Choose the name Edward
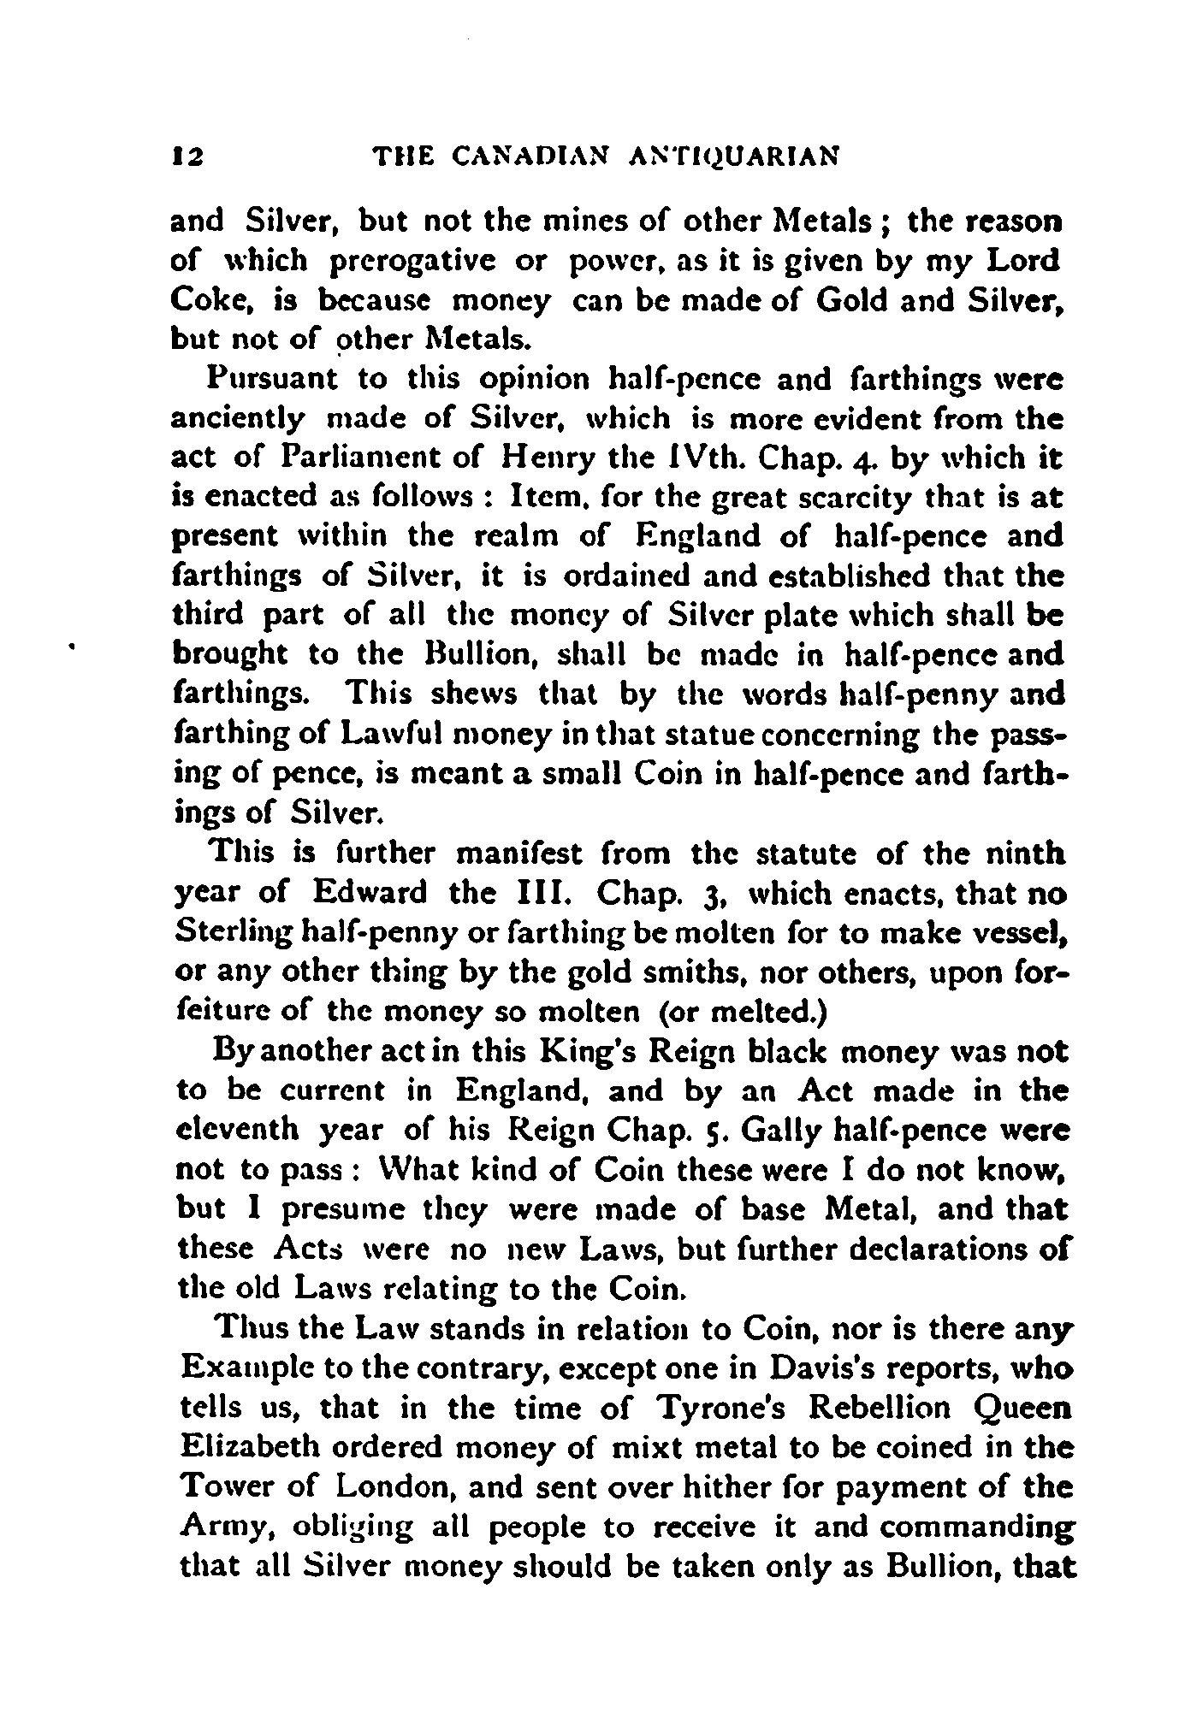370,894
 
